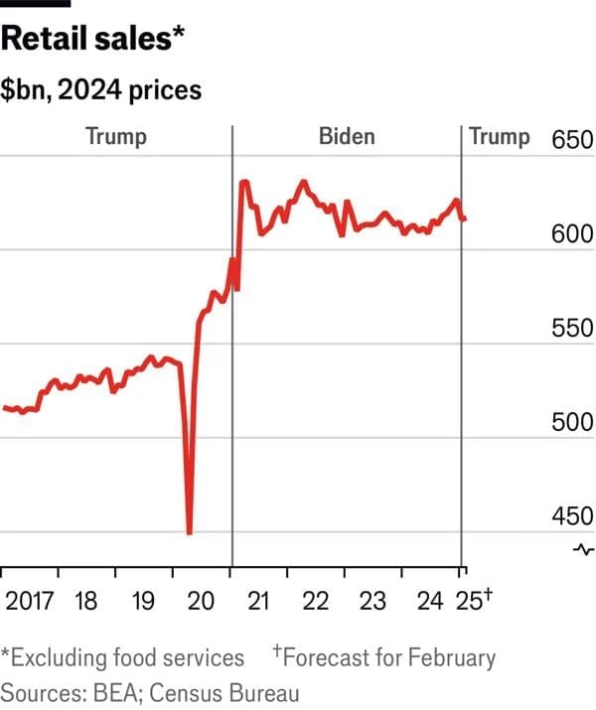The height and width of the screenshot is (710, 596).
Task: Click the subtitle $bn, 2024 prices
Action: pyautogui.click(x=101, y=91)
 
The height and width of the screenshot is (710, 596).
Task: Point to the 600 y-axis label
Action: pyautogui.click(x=572, y=234)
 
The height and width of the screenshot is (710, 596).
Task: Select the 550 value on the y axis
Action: pyautogui.click(x=572, y=330)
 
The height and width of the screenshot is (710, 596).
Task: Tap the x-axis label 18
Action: pyautogui.click(x=86, y=602)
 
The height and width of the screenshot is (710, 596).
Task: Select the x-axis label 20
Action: pyautogui.click(x=202, y=602)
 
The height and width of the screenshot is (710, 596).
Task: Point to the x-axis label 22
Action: pyautogui.click(x=316, y=602)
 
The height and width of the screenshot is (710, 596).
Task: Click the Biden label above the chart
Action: pyautogui.click(x=347, y=136)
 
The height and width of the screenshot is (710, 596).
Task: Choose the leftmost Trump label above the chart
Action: pyautogui.click(x=115, y=136)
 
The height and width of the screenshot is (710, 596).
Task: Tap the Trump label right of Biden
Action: pyautogui.click(x=500, y=136)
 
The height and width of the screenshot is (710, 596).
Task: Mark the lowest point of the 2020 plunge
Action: pyautogui.click(x=189, y=533)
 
